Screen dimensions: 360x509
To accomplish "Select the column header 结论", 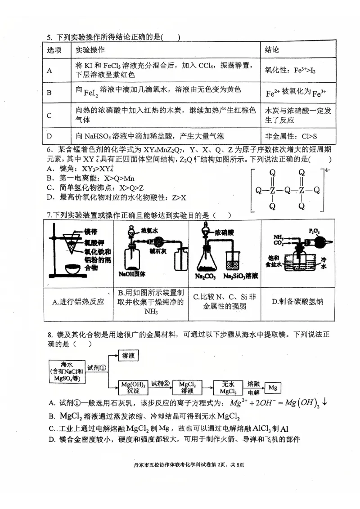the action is (x=272, y=49).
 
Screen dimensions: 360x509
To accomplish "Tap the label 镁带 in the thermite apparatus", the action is (x=90, y=232).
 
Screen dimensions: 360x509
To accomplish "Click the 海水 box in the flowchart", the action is (x=68, y=371).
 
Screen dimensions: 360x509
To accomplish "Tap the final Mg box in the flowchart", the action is (x=272, y=387).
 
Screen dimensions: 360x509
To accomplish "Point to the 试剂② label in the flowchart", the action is (x=160, y=383).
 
